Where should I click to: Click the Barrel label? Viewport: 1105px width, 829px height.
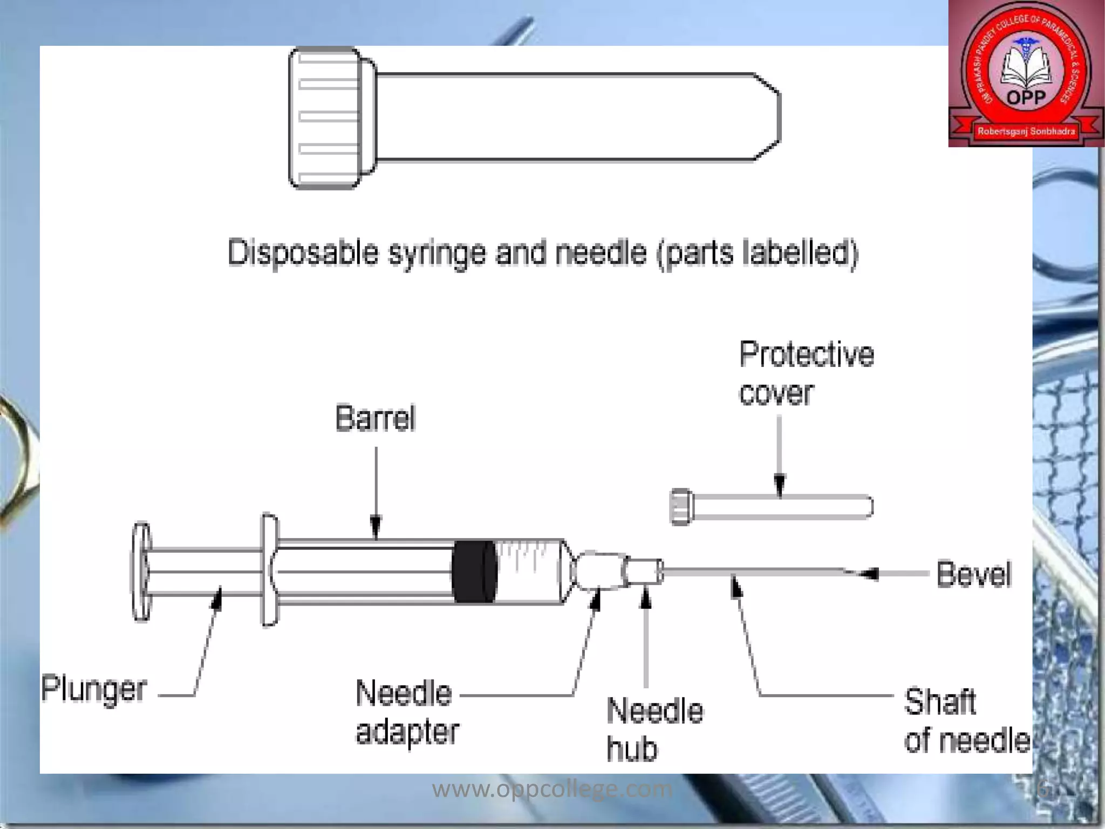(376, 418)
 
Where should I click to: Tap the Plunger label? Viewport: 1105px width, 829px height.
(94, 689)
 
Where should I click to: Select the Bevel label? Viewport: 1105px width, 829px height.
(973, 574)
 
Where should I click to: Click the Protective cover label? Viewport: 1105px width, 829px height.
(806, 373)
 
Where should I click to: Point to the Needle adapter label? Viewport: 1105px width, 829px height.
(407, 712)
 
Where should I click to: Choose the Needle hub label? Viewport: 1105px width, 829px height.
(654, 729)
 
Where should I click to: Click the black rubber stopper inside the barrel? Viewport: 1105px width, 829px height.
(474, 571)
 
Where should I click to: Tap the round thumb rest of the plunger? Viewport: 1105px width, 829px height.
(141, 572)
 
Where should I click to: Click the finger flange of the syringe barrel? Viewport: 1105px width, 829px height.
(269, 570)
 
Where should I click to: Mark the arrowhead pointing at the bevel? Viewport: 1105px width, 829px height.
(868, 574)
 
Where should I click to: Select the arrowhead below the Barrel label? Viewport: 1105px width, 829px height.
(376, 526)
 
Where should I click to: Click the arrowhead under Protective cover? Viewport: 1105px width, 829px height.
(780, 484)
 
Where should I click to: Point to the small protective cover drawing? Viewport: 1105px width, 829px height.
(772, 507)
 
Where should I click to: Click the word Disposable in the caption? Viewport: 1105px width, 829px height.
(303, 253)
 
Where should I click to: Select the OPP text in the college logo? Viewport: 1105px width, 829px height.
(1026, 98)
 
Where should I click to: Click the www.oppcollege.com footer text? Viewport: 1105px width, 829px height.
(552, 790)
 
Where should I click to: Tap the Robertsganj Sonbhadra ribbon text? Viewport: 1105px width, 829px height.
(1026, 131)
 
